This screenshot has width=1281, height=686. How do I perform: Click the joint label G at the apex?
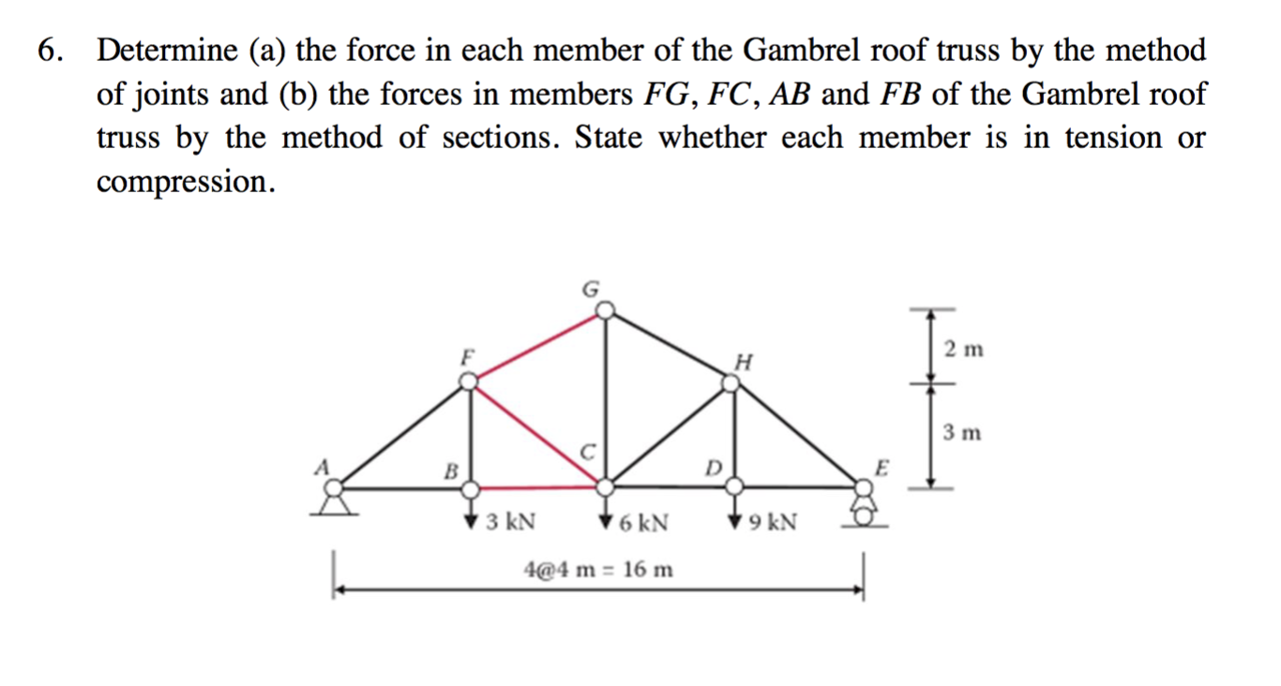(x=590, y=290)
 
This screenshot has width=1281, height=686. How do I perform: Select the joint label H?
(x=745, y=360)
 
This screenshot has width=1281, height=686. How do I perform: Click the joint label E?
(x=880, y=465)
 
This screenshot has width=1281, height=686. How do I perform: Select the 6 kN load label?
(x=643, y=522)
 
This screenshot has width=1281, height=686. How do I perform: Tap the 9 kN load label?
(x=774, y=522)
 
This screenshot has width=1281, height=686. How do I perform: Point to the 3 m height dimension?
(x=963, y=433)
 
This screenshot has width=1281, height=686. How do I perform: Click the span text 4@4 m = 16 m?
(x=597, y=569)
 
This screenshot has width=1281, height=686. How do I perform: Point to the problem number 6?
(x=47, y=52)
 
